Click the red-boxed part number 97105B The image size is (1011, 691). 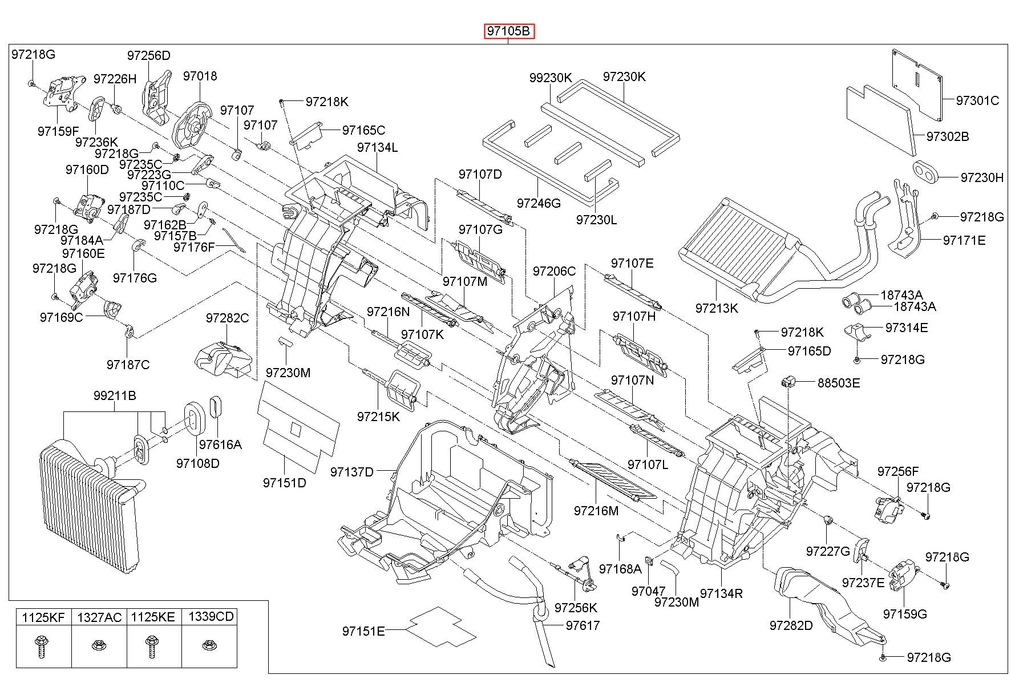[509, 31]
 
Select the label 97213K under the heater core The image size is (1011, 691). [717, 308]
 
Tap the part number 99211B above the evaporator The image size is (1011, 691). [115, 395]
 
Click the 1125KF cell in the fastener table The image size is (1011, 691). [43, 617]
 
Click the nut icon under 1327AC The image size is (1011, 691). [98, 646]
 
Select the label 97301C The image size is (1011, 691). [978, 100]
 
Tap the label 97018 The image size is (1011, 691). [200, 76]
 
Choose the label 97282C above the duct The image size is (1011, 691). [228, 318]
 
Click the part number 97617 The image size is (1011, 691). [583, 625]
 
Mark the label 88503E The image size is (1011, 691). [838, 382]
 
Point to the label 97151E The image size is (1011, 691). [363, 631]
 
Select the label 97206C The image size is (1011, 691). [555, 271]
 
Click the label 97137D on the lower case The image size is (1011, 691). [352, 472]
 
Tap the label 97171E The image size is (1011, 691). [964, 240]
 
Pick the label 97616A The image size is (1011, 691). [220, 444]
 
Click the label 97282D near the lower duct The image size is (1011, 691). [791, 625]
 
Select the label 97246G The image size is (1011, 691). [539, 203]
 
